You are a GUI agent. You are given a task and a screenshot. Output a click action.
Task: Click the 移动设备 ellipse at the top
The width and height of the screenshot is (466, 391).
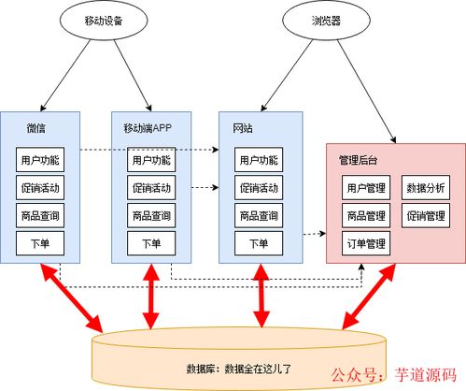tap(104, 21)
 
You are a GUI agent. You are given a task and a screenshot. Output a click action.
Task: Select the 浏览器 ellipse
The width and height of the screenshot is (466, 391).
tap(326, 21)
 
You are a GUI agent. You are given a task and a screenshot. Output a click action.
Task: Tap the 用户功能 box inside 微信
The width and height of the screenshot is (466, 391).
tap(40, 160)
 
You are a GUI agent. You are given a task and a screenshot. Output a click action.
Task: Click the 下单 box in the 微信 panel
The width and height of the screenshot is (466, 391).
tap(40, 243)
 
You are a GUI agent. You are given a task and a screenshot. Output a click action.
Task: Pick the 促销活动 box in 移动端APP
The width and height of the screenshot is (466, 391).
tap(151, 188)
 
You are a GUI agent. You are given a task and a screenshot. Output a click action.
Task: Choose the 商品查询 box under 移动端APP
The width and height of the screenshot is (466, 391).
tap(151, 215)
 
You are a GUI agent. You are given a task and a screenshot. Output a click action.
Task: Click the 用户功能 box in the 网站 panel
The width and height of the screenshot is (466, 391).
tap(259, 160)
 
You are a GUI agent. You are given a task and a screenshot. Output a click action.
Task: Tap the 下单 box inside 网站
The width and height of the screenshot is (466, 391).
tap(259, 243)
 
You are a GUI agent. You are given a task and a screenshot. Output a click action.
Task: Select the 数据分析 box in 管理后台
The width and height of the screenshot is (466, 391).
tap(426, 188)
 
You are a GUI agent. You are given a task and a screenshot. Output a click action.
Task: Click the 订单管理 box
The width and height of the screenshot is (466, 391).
tap(366, 243)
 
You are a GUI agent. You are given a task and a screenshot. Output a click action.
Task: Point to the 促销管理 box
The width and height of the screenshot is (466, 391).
tap(426, 215)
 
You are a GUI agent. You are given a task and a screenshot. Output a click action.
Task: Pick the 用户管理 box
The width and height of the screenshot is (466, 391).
tap(366, 188)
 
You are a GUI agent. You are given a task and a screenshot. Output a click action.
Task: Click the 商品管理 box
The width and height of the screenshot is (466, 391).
tap(366, 215)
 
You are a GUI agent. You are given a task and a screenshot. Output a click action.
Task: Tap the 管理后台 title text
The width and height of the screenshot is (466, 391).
tap(358, 160)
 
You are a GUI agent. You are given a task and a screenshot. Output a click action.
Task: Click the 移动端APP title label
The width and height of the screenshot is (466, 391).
tap(148, 128)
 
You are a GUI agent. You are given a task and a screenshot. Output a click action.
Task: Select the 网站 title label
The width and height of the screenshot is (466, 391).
tap(243, 128)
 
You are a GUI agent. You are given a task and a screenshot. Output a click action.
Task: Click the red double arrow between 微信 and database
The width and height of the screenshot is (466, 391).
tap(72, 297)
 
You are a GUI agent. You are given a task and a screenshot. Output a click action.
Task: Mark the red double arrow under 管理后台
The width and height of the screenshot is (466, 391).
tap(369, 297)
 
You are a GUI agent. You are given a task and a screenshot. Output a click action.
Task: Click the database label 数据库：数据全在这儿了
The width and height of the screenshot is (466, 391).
tap(239, 369)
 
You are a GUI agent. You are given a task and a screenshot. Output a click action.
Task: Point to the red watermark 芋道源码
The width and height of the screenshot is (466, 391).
tap(426, 374)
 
